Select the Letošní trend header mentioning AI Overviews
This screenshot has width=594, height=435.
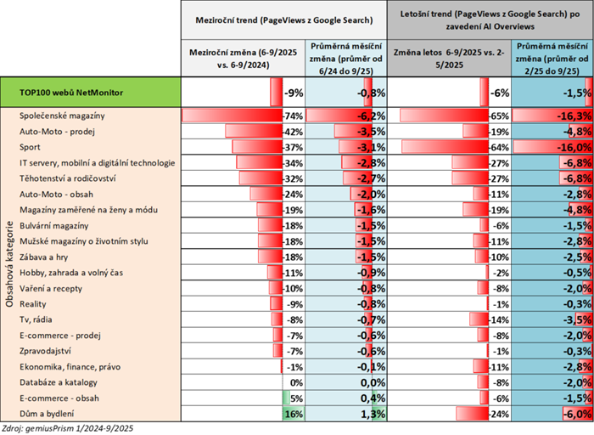point(496,17)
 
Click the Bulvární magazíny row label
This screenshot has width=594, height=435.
point(54,225)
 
